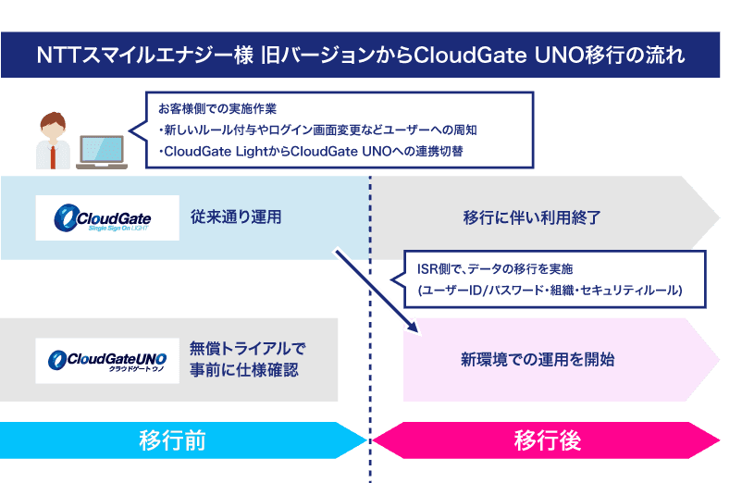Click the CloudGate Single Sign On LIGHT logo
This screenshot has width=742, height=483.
106,217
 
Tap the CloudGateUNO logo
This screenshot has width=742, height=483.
105,360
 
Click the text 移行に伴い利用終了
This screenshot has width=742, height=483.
532,218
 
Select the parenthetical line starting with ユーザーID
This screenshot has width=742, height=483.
550,290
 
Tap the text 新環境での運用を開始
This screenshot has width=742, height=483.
538,359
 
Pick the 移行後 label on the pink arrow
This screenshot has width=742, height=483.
547,440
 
